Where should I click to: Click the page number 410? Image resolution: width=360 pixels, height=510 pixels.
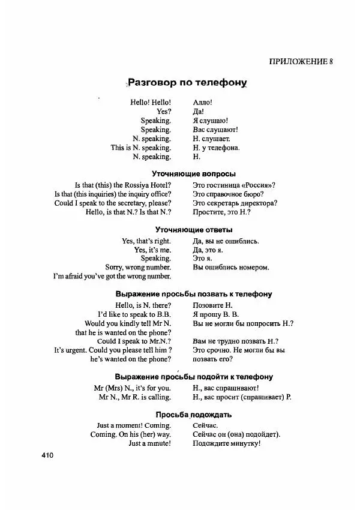[48, 455]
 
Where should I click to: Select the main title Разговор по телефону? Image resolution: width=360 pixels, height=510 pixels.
[187, 83]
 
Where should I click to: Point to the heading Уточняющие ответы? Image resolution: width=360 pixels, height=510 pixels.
[194, 229]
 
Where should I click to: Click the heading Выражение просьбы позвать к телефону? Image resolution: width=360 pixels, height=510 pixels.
[193, 295]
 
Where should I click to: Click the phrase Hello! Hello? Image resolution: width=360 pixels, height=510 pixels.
[151, 103]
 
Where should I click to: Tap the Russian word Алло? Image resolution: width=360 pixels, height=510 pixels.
[203, 103]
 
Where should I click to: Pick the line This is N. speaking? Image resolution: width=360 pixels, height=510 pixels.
[141, 148]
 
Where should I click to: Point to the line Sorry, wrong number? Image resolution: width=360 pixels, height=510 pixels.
[138, 267]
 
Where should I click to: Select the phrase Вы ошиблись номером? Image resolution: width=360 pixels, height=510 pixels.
[231, 267]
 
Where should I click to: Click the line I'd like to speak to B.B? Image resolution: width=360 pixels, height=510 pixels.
[135, 314]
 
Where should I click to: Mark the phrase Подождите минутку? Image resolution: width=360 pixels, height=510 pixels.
[226, 443]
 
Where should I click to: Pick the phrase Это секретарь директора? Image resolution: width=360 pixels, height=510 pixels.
[235, 203]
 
